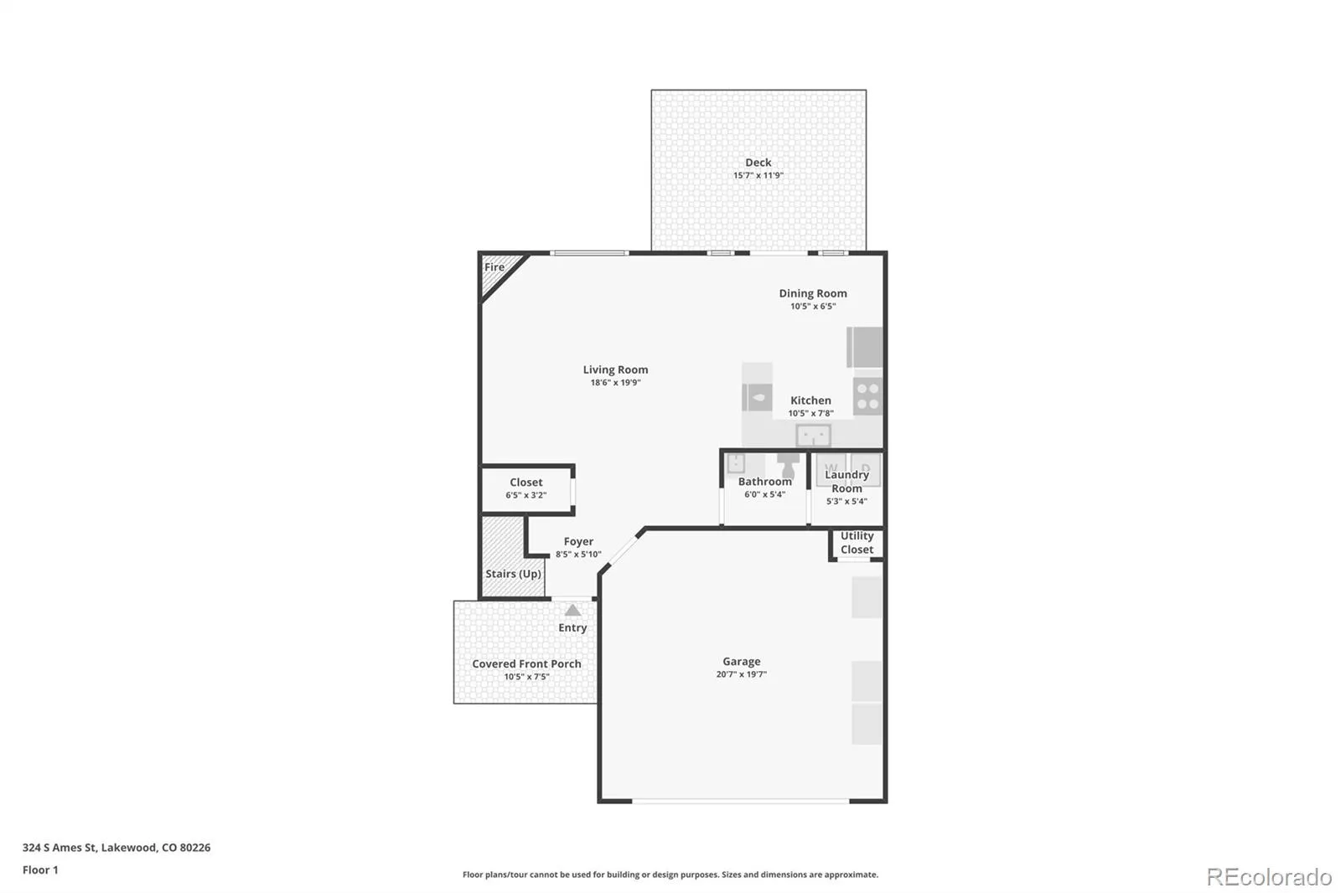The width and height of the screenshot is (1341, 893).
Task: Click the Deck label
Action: coord(758,163)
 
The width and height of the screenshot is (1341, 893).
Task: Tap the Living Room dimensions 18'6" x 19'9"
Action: coord(615,383)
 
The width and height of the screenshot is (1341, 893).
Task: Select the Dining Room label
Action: coord(812,293)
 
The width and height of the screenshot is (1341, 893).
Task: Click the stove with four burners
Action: coord(867,395)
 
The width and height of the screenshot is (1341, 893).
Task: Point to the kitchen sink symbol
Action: coord(813,435)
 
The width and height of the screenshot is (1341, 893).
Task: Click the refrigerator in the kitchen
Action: coord(864,347)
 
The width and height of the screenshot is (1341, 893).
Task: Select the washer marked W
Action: coord(831,469)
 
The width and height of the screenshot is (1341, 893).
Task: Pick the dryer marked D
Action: coord(866,469)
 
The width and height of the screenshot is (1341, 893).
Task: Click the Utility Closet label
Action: coord(857,542)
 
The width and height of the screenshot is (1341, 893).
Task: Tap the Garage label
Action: coord(741,661)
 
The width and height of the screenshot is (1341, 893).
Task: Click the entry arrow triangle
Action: coord(572,610)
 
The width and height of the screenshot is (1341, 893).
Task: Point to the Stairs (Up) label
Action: coord(513,573)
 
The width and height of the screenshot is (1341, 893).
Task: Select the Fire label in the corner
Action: coord(494,267)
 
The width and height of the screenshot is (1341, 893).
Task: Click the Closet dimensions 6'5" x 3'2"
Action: coord(526,495)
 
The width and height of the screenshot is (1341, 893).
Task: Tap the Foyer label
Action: coord(578,541)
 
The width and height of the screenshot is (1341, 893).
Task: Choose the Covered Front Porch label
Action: coord(526,663)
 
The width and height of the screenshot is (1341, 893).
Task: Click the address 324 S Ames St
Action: coord(60,847)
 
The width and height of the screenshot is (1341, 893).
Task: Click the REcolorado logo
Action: coord(1269,877)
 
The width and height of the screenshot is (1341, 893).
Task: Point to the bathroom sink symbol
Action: coord(736,463)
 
